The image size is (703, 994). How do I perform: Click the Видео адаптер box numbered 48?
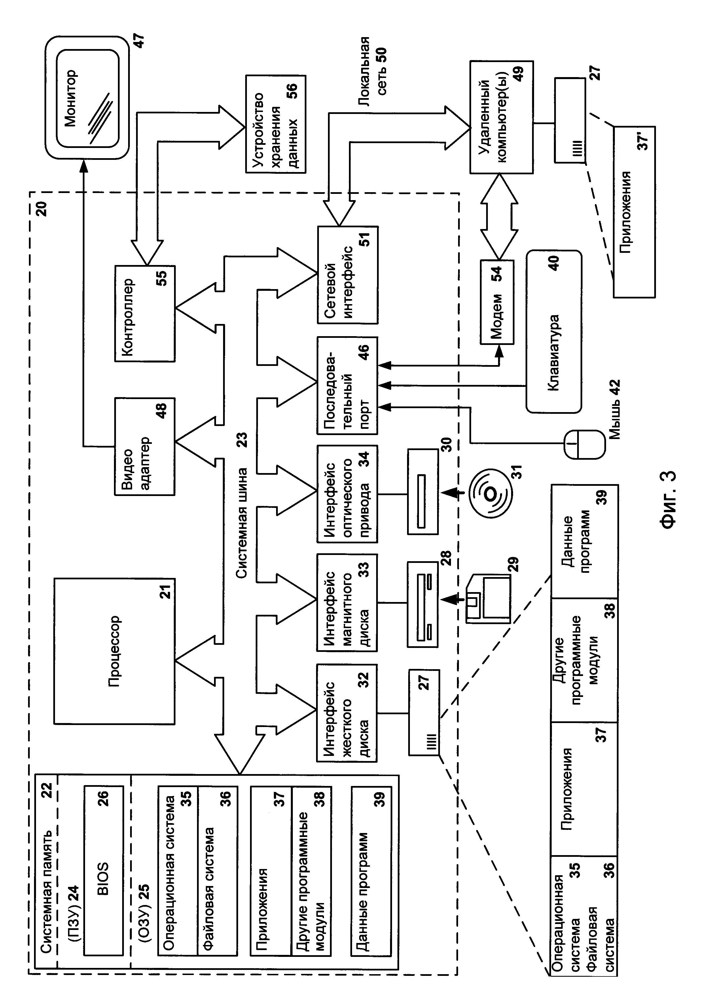(145, 446)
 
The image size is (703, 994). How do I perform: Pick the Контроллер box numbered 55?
(145, 314)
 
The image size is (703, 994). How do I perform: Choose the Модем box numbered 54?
(497, 302)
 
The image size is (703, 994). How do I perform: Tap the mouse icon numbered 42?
(584, 444)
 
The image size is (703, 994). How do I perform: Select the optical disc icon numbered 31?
(491, 493)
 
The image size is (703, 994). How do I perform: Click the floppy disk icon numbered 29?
(488, 599)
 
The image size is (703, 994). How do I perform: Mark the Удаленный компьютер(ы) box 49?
(501, 118)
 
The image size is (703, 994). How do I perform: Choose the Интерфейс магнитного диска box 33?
(348, 603)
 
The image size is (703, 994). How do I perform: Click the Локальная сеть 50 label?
(371, 69)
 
